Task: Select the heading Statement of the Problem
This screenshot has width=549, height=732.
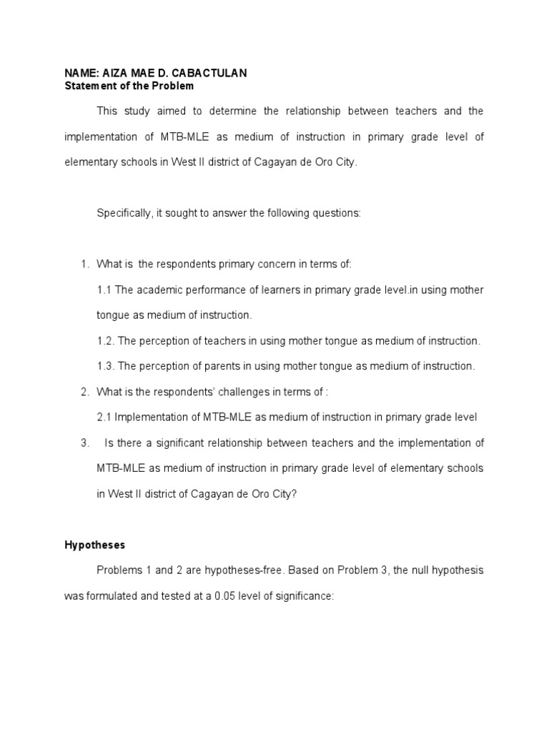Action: point(129,86)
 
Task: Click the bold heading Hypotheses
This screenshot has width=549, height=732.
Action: point(94,545)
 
